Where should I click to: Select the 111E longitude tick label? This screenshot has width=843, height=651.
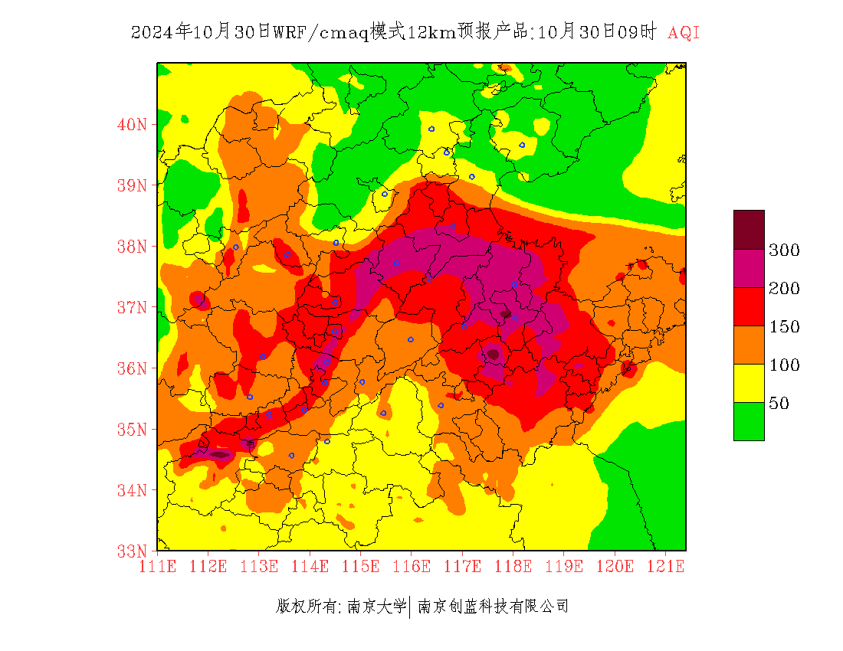coord(158,567)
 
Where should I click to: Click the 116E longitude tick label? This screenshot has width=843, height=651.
coord(412,567)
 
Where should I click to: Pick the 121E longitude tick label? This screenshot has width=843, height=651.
coord(665,567)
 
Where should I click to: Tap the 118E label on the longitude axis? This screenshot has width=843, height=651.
coord(513,567)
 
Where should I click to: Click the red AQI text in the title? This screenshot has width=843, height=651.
coord(684,32)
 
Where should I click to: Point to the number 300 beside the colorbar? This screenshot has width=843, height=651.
coord(785,250)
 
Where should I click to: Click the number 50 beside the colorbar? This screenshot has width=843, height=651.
coord(779,404)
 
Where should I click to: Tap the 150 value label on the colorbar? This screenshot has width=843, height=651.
coord(785,327)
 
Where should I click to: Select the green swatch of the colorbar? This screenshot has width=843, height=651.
coord(749,421)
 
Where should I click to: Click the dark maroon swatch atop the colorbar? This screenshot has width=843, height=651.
coord(749,230)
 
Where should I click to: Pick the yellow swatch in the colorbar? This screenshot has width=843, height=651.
coord(749,383)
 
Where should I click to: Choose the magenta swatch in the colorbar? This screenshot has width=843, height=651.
coord(749,268)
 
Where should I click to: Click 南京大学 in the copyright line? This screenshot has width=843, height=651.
coord(376,607)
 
